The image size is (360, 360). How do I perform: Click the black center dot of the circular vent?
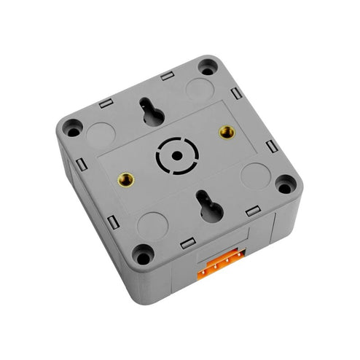[x=176, y=154]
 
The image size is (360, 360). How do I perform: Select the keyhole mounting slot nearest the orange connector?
[x=208, y=206]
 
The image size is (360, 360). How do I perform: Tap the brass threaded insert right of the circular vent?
[x=227, y=132]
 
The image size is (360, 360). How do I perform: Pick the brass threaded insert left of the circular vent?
[x=126, y=178]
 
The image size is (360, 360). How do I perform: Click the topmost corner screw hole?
[x=208, y=68]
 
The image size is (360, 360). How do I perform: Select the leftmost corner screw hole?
[x=71, y=128]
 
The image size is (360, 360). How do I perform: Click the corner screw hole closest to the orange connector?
[x=143, y=254]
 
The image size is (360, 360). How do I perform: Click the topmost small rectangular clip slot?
[x=167, y=75]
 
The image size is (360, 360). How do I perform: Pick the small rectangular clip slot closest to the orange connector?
[x=188, y=243]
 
